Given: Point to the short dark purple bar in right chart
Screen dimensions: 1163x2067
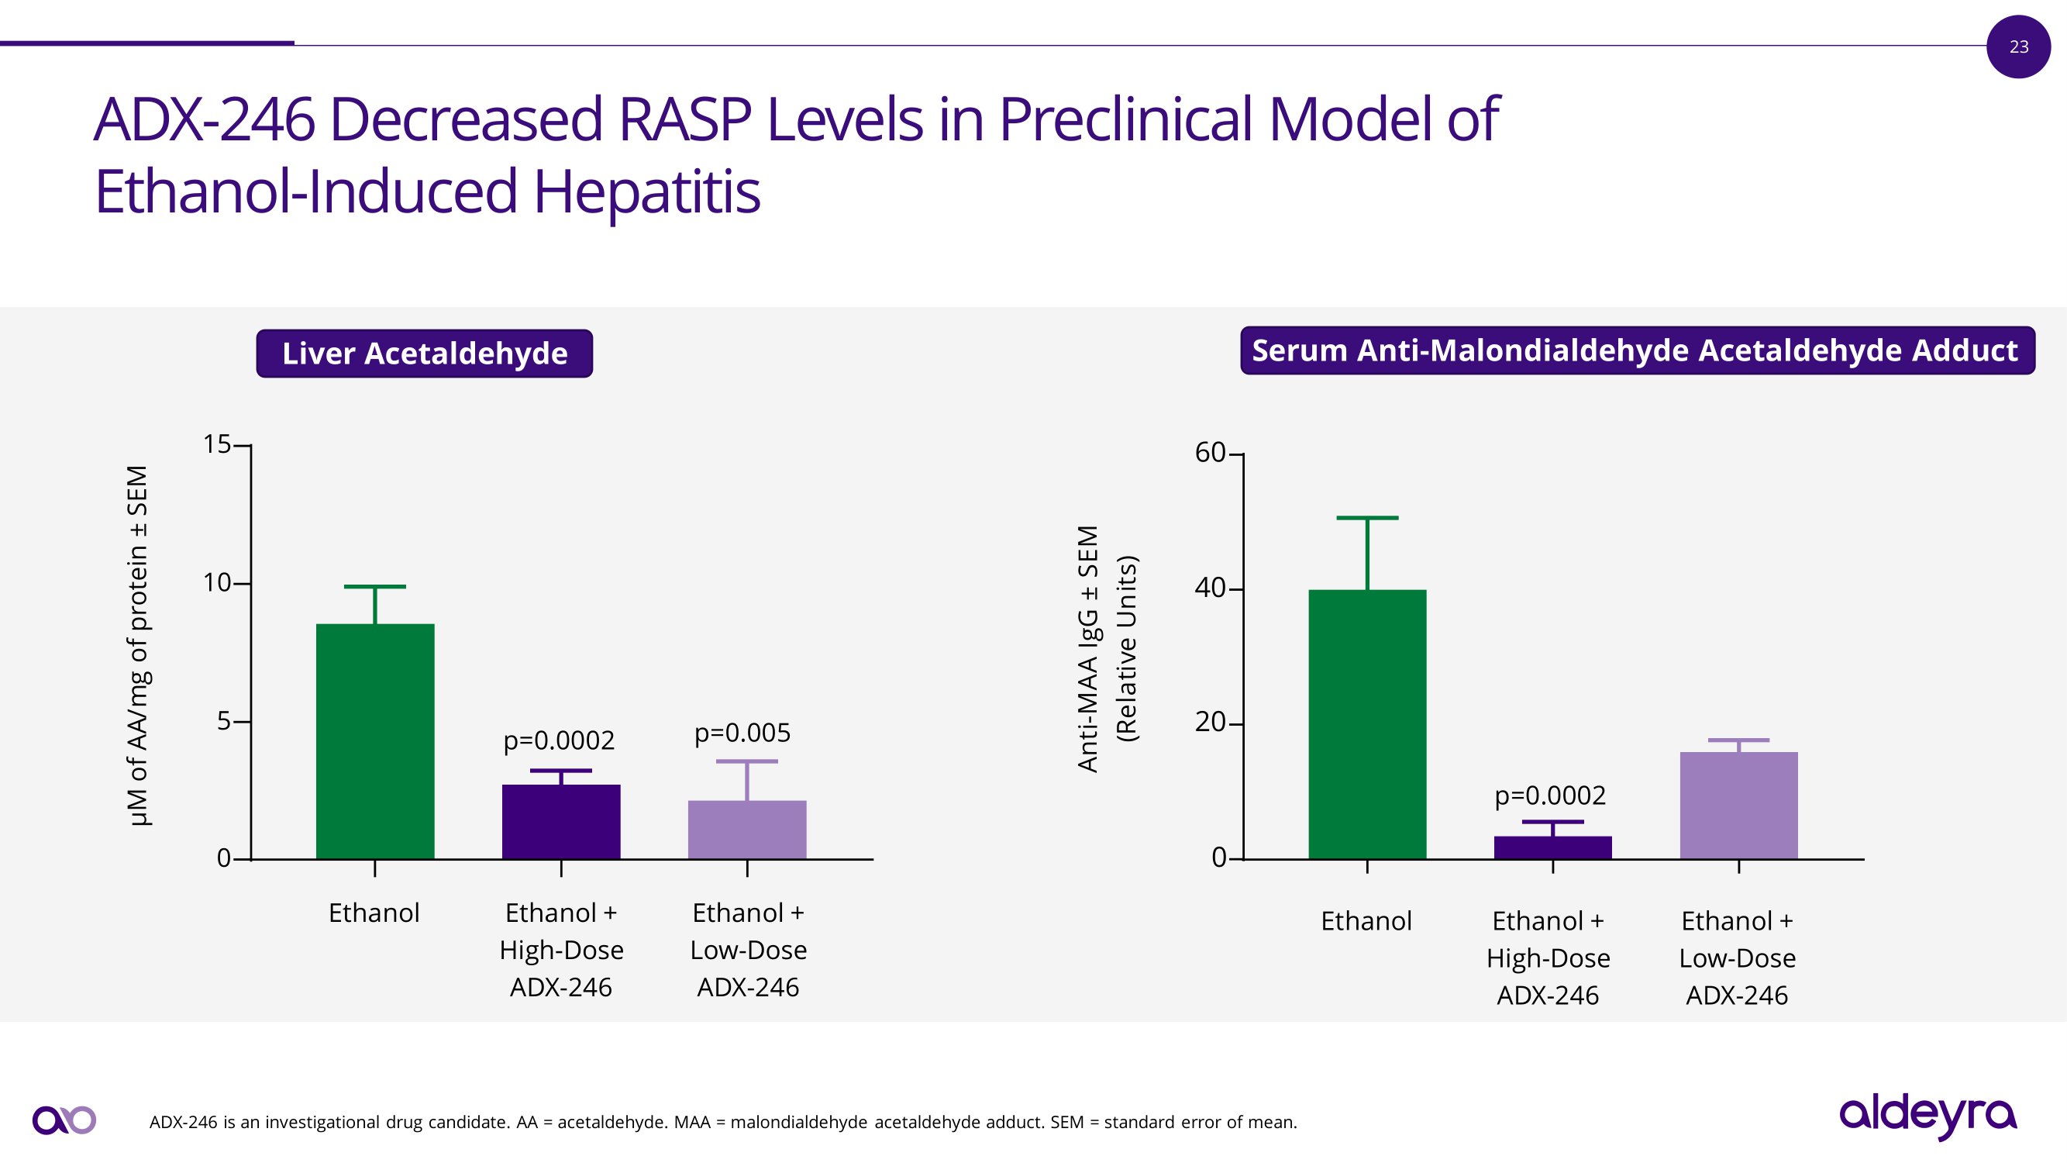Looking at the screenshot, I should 1552,847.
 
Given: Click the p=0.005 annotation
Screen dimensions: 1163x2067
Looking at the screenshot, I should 742,732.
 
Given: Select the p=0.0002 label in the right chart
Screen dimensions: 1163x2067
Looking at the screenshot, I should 1549,795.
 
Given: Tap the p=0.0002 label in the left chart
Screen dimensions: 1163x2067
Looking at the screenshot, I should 559,739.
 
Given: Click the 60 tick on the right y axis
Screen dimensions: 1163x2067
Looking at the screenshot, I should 1210,453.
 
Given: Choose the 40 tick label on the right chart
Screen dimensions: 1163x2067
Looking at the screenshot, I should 1210,588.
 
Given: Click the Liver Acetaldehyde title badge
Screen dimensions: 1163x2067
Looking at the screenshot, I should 425,353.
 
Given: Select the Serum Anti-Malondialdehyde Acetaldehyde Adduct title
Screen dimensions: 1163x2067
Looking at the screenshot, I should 1637,350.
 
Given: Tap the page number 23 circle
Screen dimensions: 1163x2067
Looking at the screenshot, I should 2019,47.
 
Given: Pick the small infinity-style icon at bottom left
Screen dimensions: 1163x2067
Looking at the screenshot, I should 64,1120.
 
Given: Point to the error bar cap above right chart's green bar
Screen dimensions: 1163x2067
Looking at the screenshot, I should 1367,518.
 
